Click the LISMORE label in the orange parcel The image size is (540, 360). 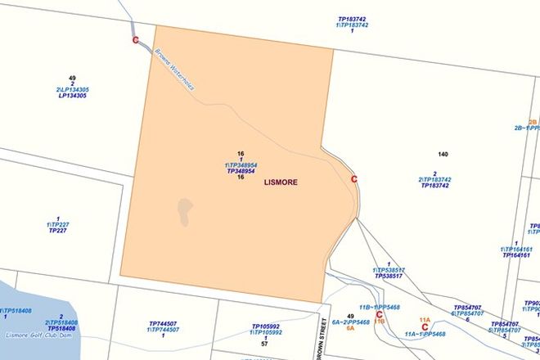click(x=281, y=182)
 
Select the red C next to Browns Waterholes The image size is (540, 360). click(x=135, y=40)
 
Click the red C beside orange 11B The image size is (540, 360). click(x=379, y=314)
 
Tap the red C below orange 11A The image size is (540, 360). click(x=425, y=327)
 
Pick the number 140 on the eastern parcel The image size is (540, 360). click(x=443, y=155)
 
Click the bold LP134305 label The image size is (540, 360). click(x=72, y=96)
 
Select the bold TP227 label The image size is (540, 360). click(x=57, y=231)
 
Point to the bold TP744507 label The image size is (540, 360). click(x=163, y=323)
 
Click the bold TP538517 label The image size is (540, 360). click(x=389, y=277)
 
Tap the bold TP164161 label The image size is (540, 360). click(x=516, y=255)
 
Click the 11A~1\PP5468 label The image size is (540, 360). click(x=425, y=334)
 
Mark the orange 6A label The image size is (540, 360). click(x=349, y=328)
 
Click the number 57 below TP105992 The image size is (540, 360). click(x=264, y=344)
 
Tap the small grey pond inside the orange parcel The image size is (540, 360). click(x=186, y=212)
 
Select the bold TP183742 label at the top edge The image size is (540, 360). click(x=352, y=18)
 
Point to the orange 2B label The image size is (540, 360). click(x=532, y=122)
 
